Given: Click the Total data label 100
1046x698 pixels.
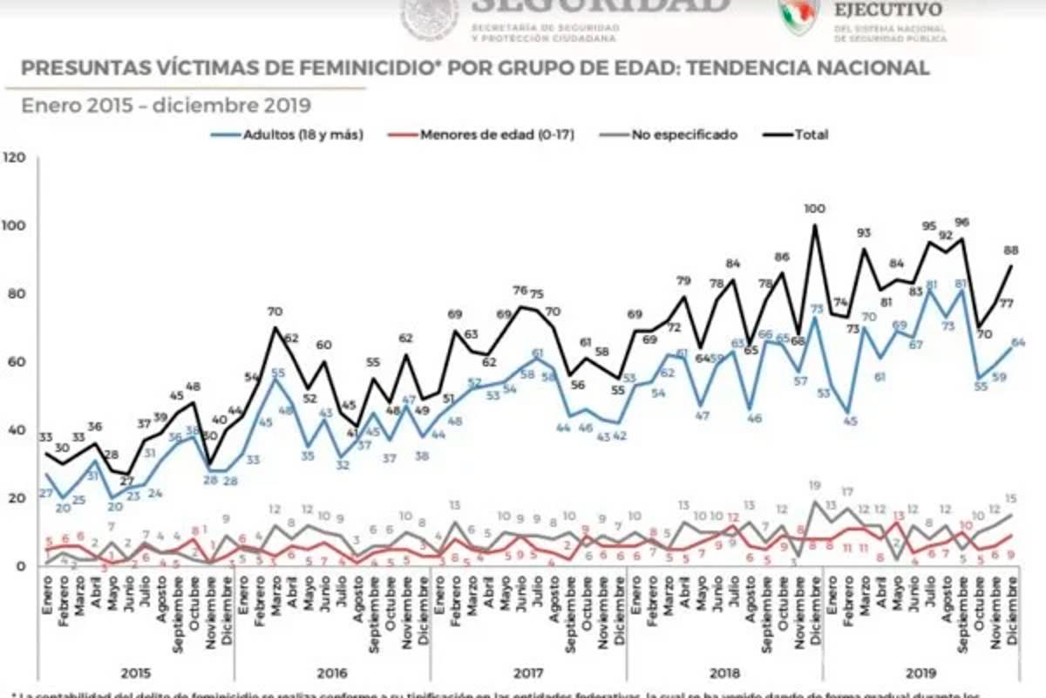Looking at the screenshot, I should click(x=814, y=209).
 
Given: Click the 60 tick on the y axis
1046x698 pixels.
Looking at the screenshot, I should click(x=17, y=362).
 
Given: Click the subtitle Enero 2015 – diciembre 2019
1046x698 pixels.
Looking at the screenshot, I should click(x=166, y=106).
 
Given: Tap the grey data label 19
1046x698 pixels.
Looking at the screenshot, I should click(x=816, y=485).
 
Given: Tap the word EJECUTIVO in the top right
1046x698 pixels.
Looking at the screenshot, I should click(x=887, y=10).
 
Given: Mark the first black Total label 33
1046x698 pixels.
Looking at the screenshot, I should click(x=45, y=437).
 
